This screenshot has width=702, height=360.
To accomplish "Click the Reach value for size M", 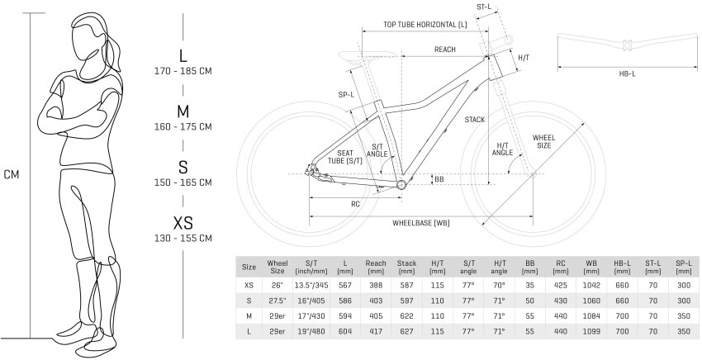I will coord(376,315).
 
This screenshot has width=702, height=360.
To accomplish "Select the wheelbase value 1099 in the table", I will coord(591,330).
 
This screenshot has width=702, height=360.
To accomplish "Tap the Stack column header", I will coord(406,266).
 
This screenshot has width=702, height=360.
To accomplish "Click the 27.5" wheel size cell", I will coord(277,299).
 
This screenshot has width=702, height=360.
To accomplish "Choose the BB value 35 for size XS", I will coord(529,283).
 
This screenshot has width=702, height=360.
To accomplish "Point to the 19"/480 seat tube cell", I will coord(311,330).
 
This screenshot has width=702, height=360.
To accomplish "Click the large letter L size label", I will coord(183,56).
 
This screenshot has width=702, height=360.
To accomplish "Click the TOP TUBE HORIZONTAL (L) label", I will coord(425,25).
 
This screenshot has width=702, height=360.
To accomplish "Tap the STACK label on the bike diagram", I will coord(474,120).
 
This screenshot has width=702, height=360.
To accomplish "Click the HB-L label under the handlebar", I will coord(627,73).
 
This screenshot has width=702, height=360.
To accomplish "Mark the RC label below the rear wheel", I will coord(355,204).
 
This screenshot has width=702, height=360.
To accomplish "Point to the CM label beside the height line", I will coord(11,174).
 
